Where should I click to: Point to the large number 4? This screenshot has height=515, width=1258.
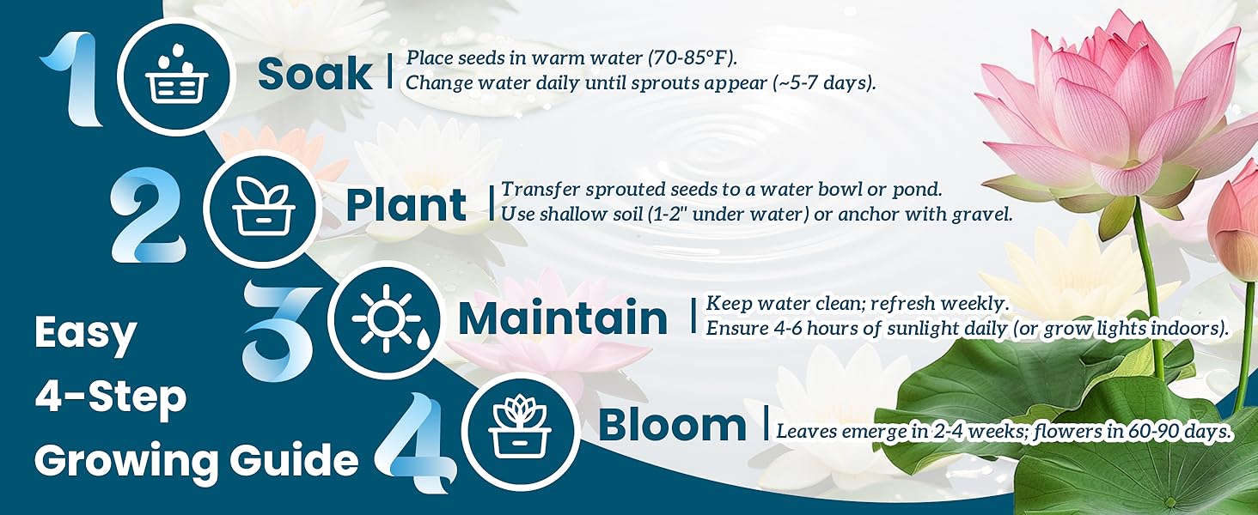[x=418, y=442]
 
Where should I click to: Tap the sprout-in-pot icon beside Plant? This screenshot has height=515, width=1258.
[x=263, y=206]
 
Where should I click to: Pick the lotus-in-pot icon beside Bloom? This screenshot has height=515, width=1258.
[x=520, y=427]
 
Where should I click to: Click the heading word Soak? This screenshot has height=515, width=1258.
[x=314, y=75]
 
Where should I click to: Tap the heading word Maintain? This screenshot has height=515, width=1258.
[x=563, y=318]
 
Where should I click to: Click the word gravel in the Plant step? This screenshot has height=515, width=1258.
[x=982, y=213]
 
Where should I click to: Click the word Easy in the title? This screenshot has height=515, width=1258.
[x=86, y=333]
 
